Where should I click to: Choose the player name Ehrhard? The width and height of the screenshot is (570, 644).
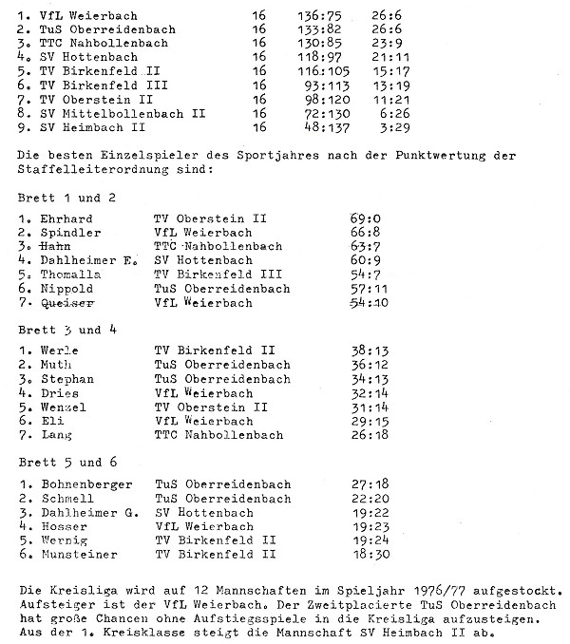pos(66,218)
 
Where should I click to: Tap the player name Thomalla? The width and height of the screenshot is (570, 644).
pos(69,275)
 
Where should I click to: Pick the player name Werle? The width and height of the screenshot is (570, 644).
pos(60,350)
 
